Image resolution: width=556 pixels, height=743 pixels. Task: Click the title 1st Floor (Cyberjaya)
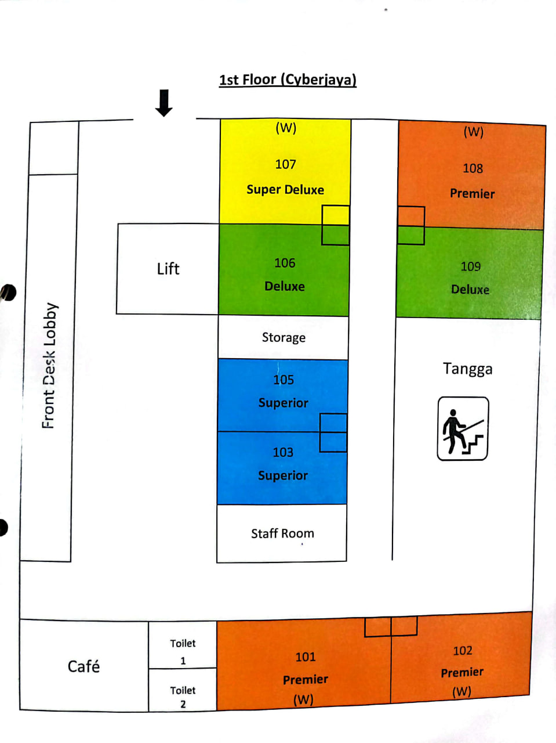288,80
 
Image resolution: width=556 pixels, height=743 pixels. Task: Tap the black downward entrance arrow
164,103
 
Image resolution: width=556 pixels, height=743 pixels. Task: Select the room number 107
285,164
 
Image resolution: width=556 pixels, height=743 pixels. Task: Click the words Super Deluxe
285,190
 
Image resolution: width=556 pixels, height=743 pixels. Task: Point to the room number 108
473,168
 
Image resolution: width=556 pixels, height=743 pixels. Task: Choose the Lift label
168,269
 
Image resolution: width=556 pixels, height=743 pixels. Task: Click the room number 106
285,263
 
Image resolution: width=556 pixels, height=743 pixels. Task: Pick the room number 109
471,266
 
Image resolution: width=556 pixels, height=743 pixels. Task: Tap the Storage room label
284,337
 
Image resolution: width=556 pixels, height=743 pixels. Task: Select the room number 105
284,380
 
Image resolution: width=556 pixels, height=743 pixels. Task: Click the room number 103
283,452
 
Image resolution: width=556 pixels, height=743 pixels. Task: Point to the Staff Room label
282,533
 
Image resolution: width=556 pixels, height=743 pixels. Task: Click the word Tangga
468,369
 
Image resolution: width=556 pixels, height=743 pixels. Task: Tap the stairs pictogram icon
463,429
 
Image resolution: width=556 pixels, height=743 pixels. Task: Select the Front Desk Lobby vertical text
49,366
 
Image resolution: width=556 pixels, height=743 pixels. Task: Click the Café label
83,666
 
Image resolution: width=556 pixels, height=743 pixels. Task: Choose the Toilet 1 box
183,651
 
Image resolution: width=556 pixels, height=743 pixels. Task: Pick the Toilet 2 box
183,697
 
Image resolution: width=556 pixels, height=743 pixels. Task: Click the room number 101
306,657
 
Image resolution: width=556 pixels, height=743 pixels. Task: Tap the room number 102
463,651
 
